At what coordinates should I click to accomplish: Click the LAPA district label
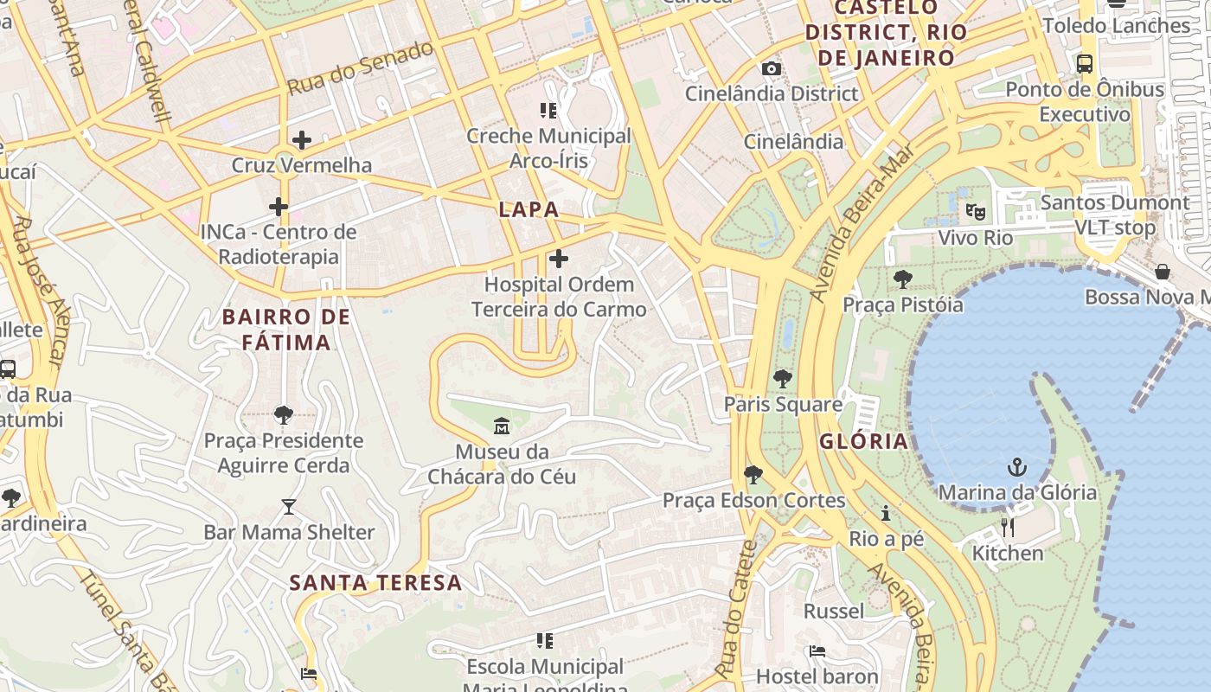pyautogui.click(x=529, y=209)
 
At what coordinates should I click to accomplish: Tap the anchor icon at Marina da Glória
pyautogui.click(x=1017, y=468)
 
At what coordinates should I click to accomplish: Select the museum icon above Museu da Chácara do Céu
pyautogui.click(x=501, y=426)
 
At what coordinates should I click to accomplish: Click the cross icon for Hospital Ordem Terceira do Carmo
pyautogui.click(x=559, y=258)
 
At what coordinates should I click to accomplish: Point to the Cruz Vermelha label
pyautogui.click(x=302, y=165)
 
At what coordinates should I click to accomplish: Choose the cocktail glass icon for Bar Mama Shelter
pyautogui.click(x=289, y=507)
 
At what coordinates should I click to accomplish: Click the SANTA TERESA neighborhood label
pyautogui.click(x=375, y=583)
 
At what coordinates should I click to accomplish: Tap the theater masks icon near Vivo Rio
pyautogui.click(x=976, y=211)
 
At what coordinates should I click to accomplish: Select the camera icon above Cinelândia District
pyautogui.click(x=771, y=68)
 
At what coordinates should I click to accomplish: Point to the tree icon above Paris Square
pyautogui.click(x=782, y=378)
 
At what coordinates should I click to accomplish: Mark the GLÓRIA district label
pyautogui.click(x=863, y=441)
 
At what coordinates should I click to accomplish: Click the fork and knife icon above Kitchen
pyautogui.click(x=1007, y=527)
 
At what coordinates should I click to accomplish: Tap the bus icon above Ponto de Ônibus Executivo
pyautogui.click(x=1085, y=64)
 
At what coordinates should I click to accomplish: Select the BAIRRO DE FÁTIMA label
pyautogui.click(x=286, y=330)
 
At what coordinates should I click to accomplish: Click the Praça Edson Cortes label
pyautogui.click(x=753, y=500)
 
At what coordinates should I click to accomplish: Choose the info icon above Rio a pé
pyautogui.click(x=886, y=514)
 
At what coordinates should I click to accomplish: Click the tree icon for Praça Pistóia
pyautogui.click(x=902, y=279)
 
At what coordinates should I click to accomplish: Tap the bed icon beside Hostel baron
pyautogui.click(x=817, y=651)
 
